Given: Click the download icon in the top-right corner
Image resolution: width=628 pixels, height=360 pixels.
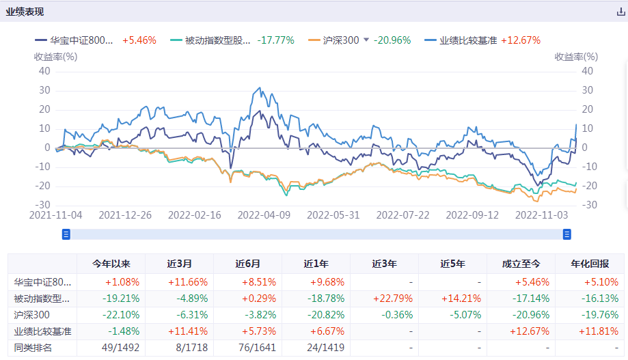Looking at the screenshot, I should (x=620, y=12).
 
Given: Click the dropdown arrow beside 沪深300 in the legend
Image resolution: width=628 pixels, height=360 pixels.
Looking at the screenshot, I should (x=366, y=40).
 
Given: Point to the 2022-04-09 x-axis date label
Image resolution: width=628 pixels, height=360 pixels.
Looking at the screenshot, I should (x=264, y=214).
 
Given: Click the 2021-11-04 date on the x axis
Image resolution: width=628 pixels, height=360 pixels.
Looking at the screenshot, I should (x=56, y=214).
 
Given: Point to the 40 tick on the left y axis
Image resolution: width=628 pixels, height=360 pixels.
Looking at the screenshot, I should (x=44, y=70).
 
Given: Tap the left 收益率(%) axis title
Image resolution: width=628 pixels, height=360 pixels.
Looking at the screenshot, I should (x=55, y=57).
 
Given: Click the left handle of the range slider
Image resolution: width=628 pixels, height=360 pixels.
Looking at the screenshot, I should (x=66, y=234).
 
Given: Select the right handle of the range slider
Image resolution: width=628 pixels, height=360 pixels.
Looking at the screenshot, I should (x=566, y=234).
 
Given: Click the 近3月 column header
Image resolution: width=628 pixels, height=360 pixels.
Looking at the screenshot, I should (x=179, y=264).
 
